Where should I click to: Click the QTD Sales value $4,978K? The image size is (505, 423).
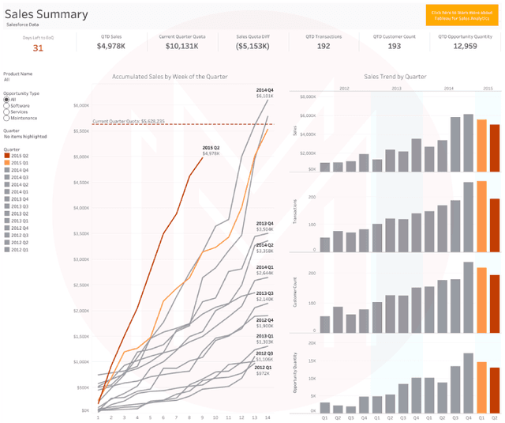click(111, 46)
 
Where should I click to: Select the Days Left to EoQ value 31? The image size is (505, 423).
click(38, 48)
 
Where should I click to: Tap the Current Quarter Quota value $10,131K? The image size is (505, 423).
click(181, 46)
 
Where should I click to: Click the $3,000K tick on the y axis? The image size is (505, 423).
click(82, 259)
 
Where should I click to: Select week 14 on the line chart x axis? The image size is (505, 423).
click(267, 417)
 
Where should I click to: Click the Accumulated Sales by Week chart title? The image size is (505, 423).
click(170, 77)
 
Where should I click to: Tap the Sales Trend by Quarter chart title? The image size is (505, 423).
click(395, 77)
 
